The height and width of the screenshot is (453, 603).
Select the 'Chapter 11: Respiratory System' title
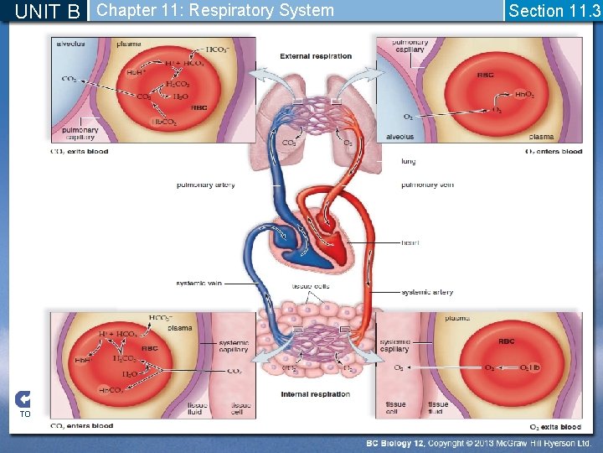tap(215, 11)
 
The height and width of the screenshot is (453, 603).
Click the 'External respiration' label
tap(316, 56)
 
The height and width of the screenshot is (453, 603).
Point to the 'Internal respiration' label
tap(316, 394)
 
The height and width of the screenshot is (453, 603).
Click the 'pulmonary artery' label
tap(205, 185)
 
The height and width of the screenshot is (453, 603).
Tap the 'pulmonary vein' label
tap(427, 185)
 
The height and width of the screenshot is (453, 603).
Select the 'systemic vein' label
tap(199, 283)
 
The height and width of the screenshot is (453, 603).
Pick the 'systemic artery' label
tap(427, 292)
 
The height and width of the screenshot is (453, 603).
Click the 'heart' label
tap(410, 242)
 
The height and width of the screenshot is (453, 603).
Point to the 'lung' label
tap(409, 161)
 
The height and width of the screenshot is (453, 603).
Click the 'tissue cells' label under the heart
tap(310, 287)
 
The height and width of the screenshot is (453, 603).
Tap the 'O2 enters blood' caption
tap(553, 152)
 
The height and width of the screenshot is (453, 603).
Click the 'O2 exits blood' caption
tap(555, 427)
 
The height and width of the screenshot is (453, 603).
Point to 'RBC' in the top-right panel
tap(486, 75)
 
